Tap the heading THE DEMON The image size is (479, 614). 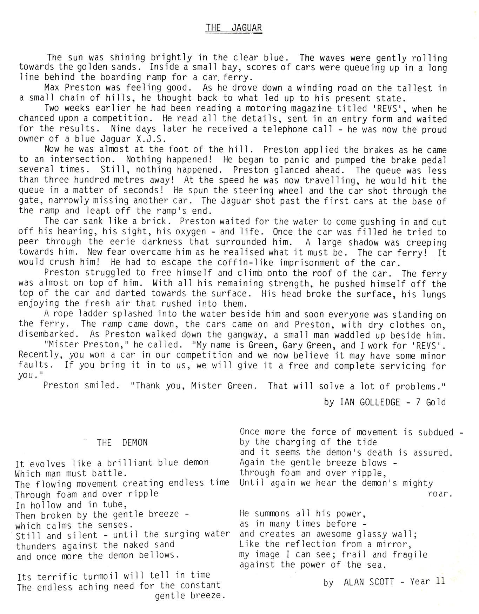click(x=122, y=442)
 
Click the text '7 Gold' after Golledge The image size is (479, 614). click(x=431, y=402)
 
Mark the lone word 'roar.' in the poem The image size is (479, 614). click(x=439, y=494)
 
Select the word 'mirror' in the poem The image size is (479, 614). click(x=393, y=545)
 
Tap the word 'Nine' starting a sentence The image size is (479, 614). click(x=121, y=129)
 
